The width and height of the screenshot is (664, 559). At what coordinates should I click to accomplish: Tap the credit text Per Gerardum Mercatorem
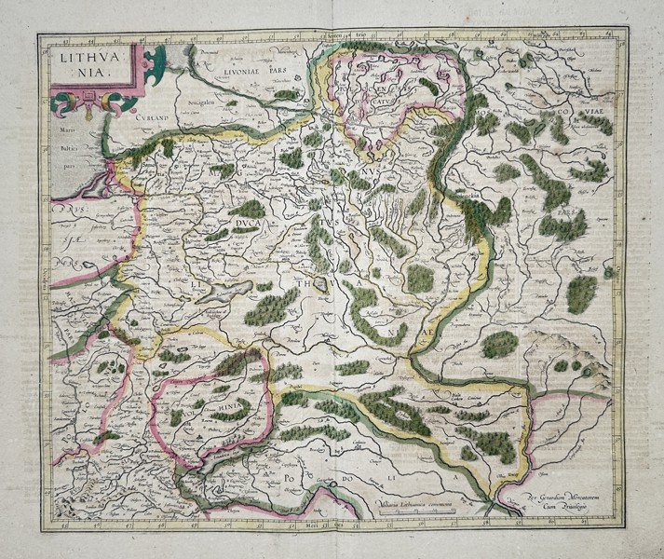point(558,498)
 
